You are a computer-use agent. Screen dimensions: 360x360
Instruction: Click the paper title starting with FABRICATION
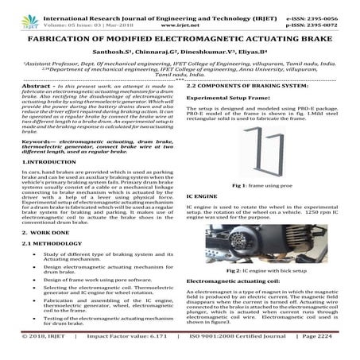tap(180, 38)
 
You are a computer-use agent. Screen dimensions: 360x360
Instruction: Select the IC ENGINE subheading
tap(200, 195)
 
